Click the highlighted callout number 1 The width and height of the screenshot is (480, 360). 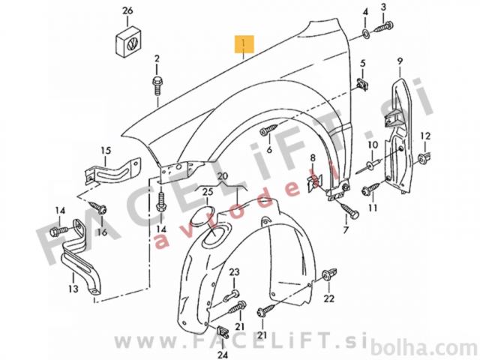[244, 43]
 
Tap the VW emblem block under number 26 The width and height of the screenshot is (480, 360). [128, 42]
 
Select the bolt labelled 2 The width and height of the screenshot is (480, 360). [157, 85]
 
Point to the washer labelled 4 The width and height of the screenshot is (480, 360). [365, 33]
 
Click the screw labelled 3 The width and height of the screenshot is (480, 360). [383, 27]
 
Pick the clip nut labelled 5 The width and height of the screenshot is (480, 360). [362, 83]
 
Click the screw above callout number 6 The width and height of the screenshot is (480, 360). [269, 129]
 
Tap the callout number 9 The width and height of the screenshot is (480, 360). [400, 61]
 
